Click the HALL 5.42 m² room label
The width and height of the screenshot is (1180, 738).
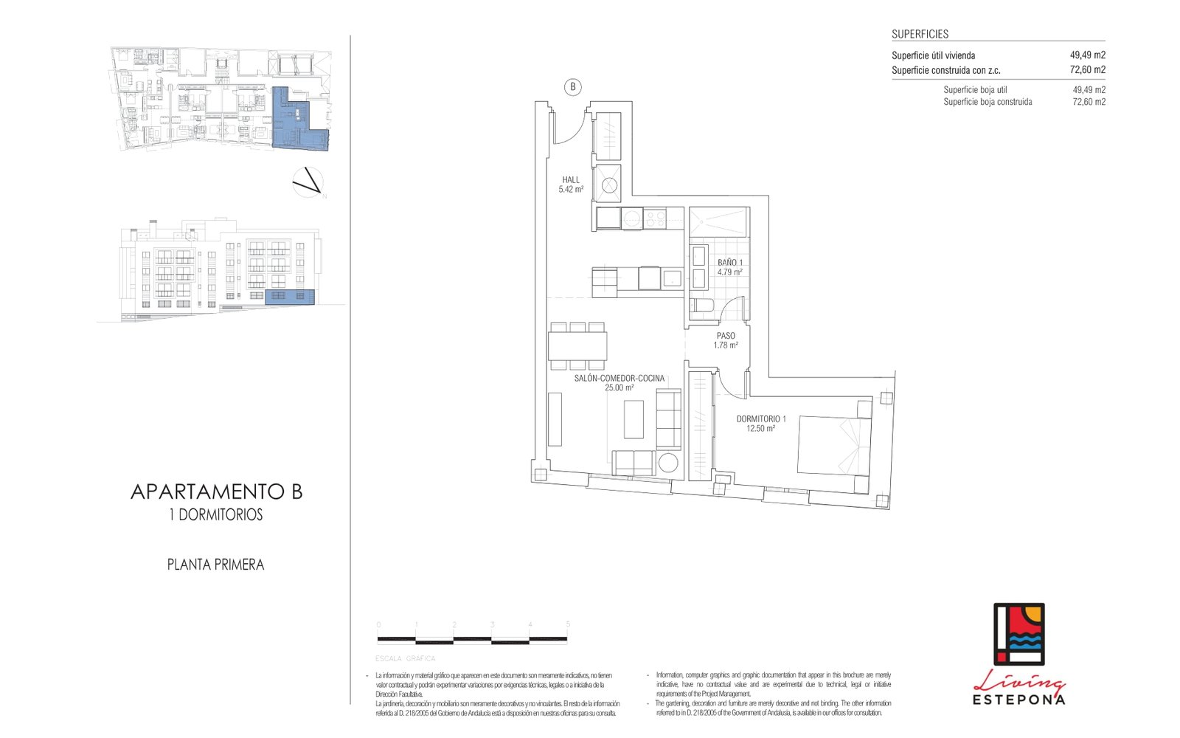(571, 184)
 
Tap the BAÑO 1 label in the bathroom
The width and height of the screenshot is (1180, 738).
(729, 263)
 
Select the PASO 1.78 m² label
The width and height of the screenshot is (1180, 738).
(726, 340)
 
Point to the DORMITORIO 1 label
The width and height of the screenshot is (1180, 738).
(761, 419)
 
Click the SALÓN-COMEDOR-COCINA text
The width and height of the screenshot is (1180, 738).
(619, 379)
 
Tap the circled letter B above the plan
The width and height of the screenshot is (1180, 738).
(573, 87)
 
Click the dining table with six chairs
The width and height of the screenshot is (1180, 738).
(577, 345)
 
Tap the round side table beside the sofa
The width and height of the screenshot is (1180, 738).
(668, 463)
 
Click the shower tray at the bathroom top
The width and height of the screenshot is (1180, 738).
(719, 222)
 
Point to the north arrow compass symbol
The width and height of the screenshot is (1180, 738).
(308, 182)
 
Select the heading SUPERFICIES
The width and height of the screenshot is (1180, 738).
(920, 34)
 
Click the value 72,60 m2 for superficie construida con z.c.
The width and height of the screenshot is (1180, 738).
(1087, 70)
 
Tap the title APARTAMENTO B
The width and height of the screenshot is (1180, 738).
(216, 492)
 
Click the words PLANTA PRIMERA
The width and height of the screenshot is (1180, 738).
(215, 565)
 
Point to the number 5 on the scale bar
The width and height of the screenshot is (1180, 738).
(568, 624)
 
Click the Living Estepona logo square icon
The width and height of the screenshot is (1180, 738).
(1018, 634)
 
